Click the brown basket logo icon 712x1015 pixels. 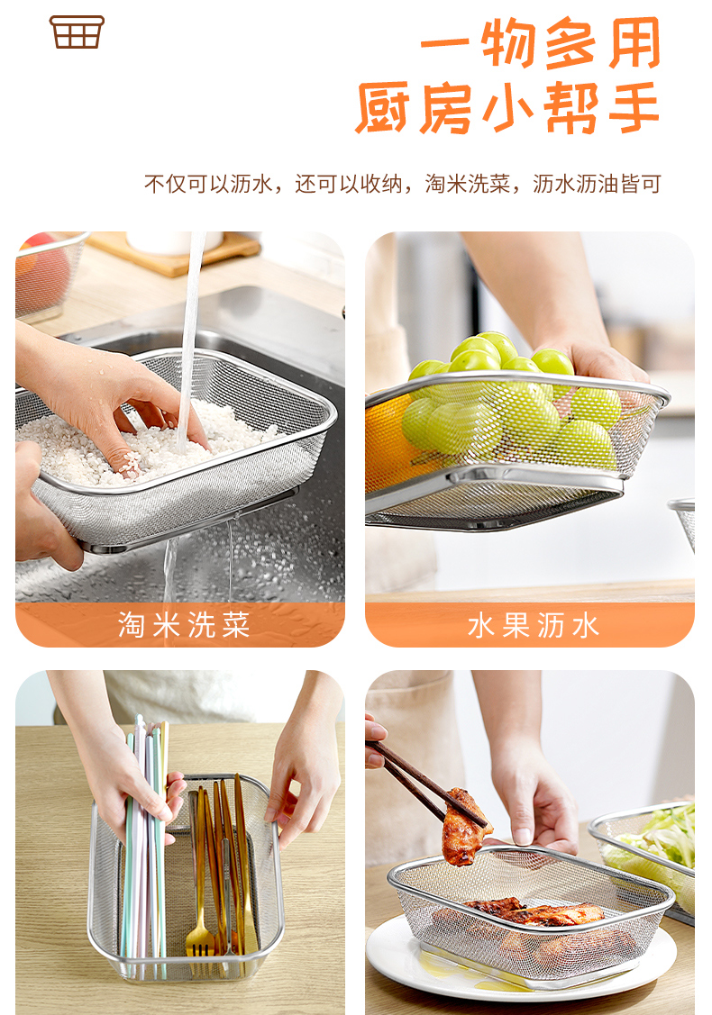[x=77, y=32]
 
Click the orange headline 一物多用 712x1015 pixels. [x=541, y=42]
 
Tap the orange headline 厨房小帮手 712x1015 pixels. [x=508, y=107]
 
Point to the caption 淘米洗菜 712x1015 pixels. [x=183, y=625]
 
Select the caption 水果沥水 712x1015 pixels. [x=534, y=626]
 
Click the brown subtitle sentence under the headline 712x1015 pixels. [x=402, y=184]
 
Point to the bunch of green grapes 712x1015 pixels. [x=512, y=402]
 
